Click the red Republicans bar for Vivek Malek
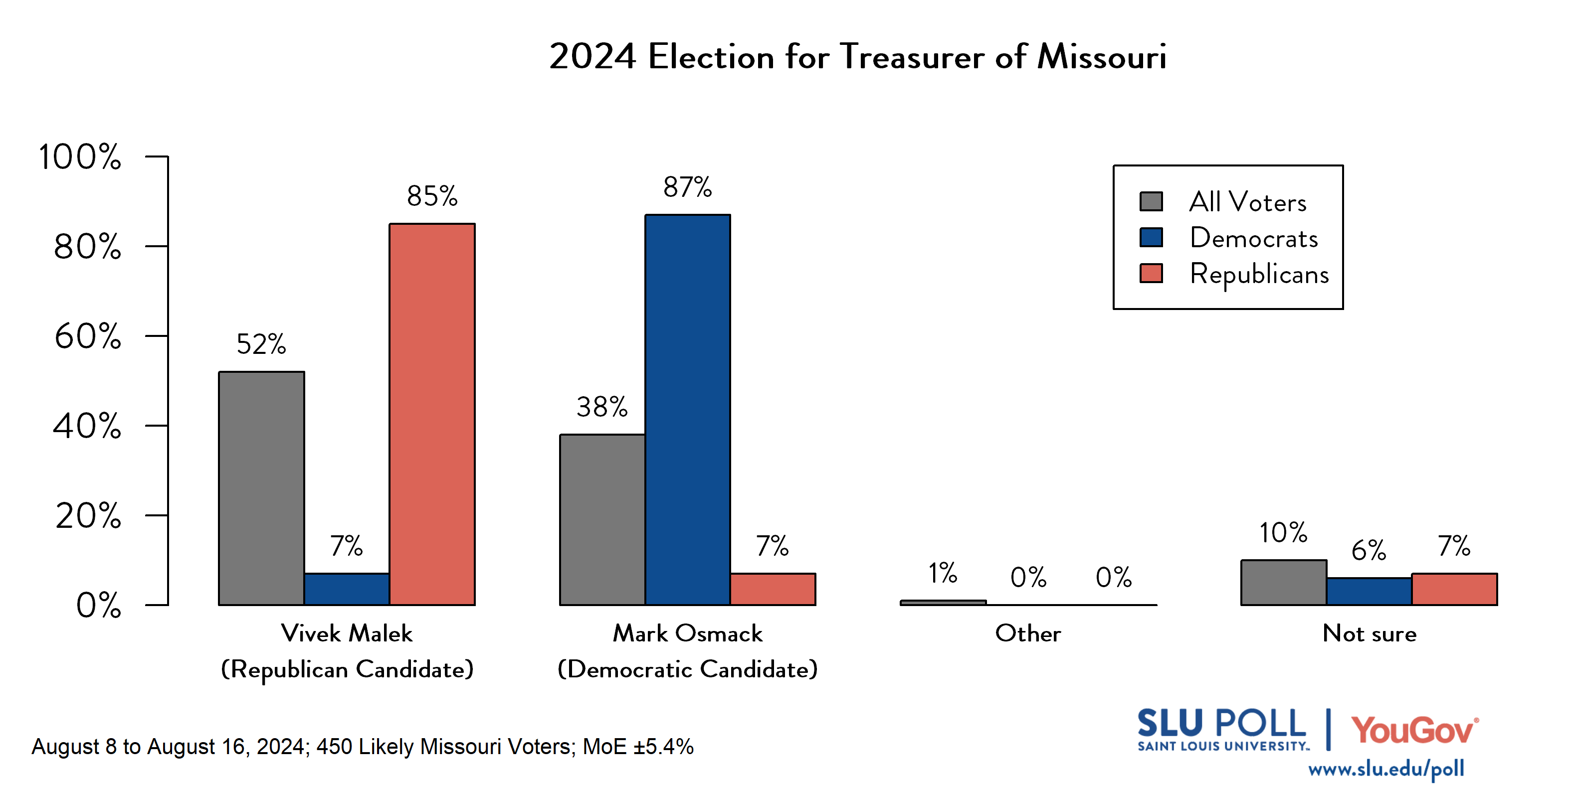pos(432,415)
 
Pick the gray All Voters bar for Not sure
pos(1283,583)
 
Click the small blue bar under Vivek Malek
pos(347,589)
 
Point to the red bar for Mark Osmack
pos(773,589)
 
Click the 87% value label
pos(687,187)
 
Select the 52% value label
pos(261,344)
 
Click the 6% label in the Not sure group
pos(1369,550)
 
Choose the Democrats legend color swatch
pos(1151,237)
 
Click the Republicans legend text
pos(1259,274)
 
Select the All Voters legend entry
pos(1247,202)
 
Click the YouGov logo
pos(1414,730)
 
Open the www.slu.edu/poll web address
pos(1385,769)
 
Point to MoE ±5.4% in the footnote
pos(638,746)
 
